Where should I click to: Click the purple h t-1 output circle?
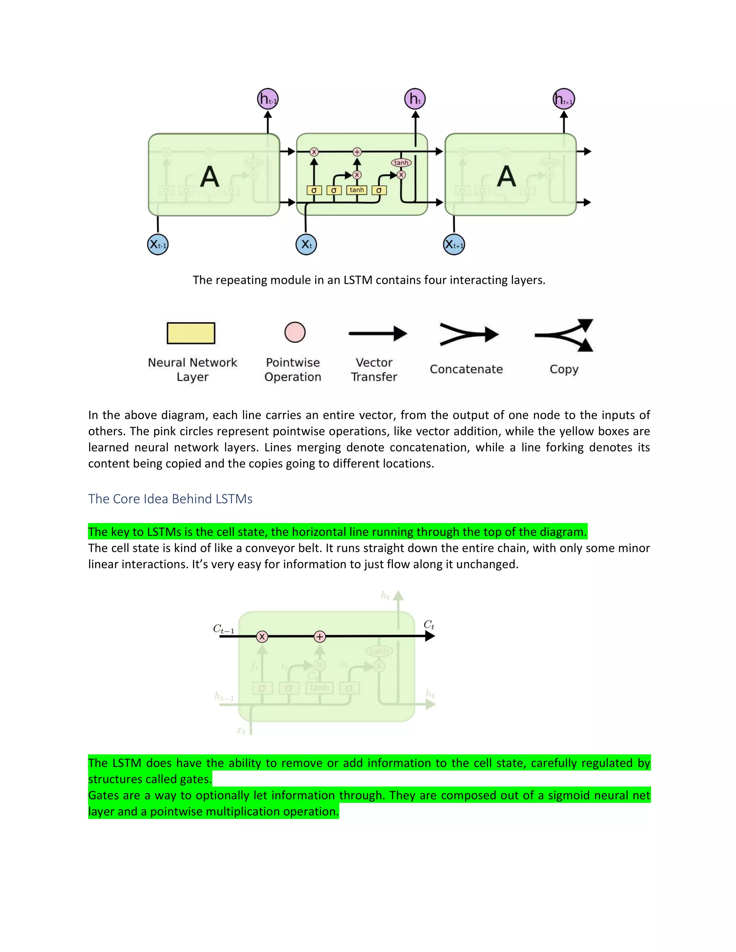pyautogui.click(x=268, y=99)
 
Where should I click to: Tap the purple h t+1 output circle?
pyautogui.click(x=564, y=99)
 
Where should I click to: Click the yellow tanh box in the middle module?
pyautogui.click(x=356, y=190)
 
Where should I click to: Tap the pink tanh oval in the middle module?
pyautogui.click(x=401, y=163)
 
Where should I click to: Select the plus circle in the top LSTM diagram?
pyautogui.click(x=357, y=152)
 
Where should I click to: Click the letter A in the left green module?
pyautogui.click(x=209, y=176)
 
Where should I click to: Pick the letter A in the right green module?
pyautogui.click(x=506, y=176)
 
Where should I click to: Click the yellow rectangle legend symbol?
pyautogui.click(x=191, y=333)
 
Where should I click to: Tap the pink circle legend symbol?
pyautogui.click(x=295, y=332)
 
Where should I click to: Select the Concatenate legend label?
pyautogui.click(x=466, y=369)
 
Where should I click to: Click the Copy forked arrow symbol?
pyautogui.click(x=564, y=335)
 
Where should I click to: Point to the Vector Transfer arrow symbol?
pyautogui.click(x=378, y=334)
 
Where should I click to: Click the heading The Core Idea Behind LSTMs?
pyautogui.click(x=170, y=499)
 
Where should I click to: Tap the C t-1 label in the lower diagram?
pyautogui.click(x=224, y=629)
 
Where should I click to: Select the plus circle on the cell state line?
pyautogui.click(x=319, y=637)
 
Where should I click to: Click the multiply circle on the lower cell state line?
pyautogui.click(x=262, y=637)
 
